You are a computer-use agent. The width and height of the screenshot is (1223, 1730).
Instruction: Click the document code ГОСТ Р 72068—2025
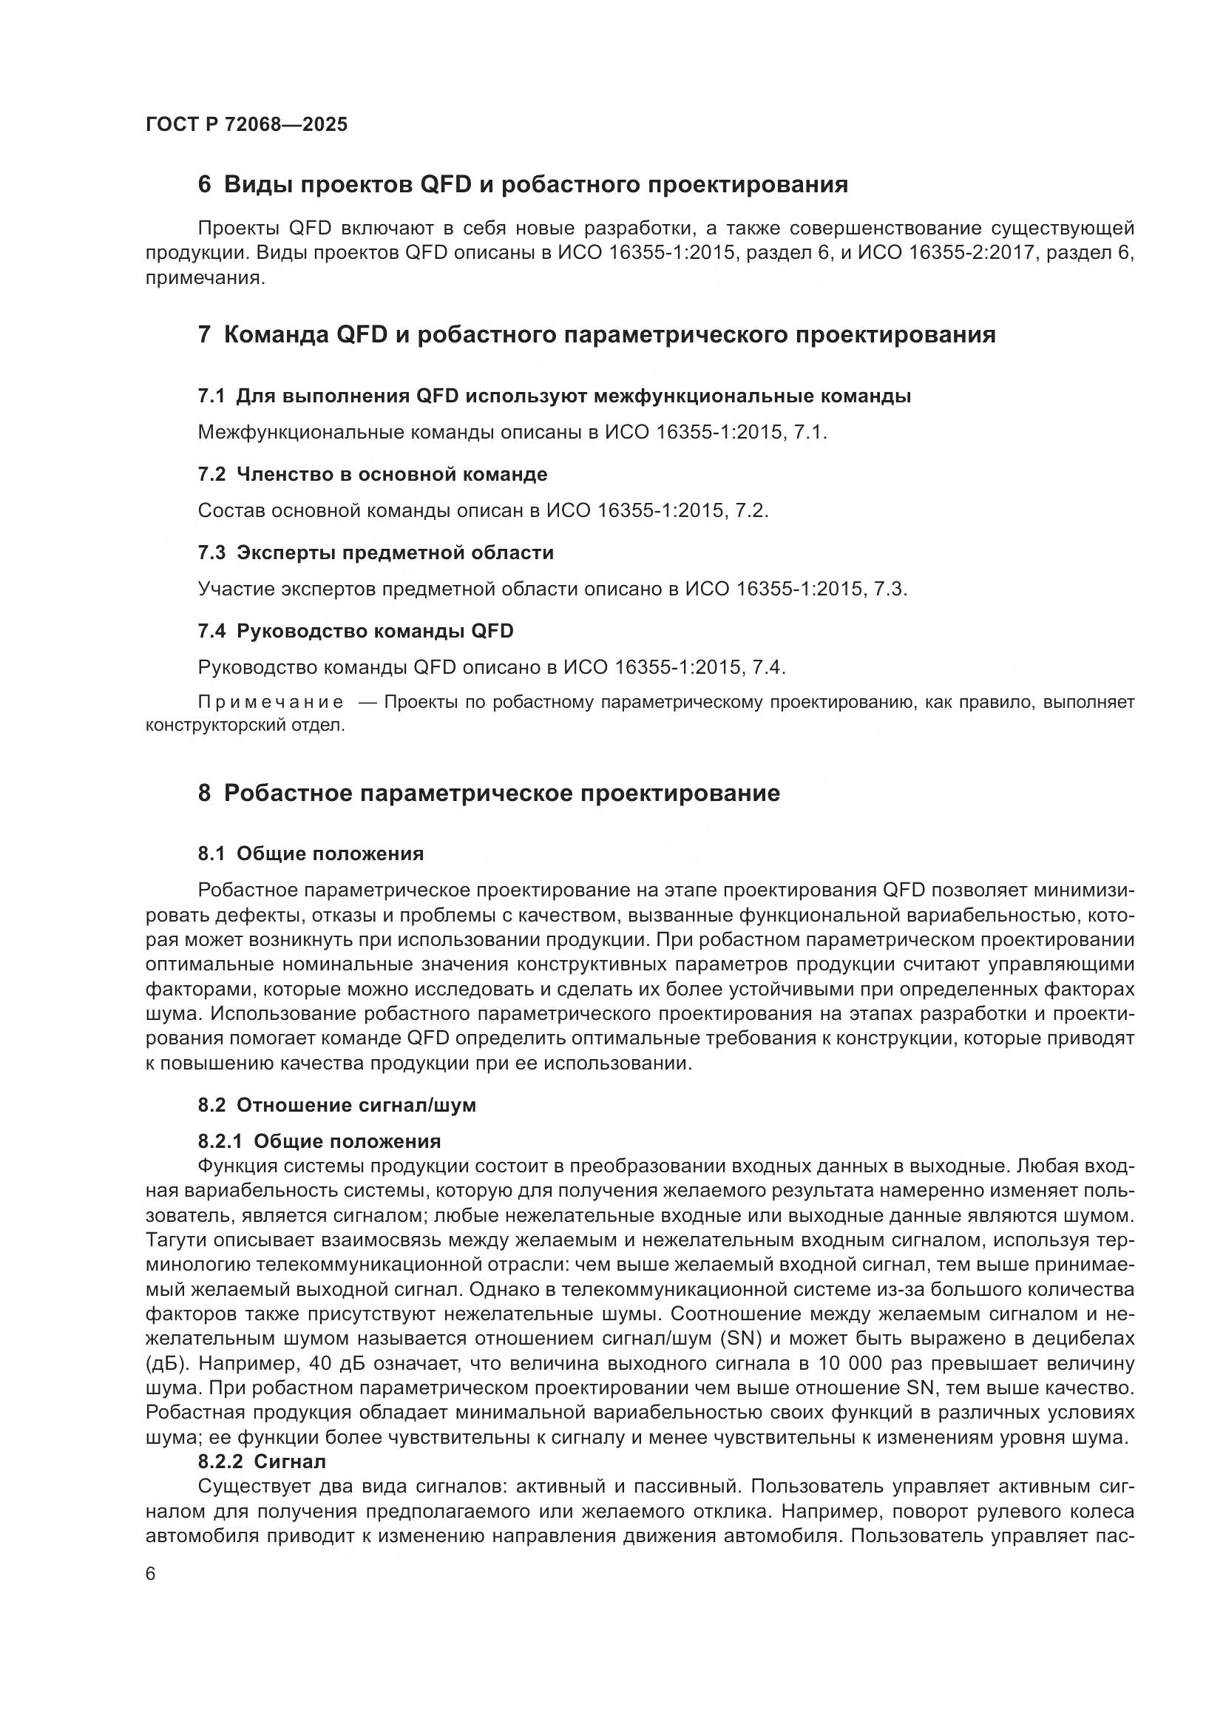(246, 124)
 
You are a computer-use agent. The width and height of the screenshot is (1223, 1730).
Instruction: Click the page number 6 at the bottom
(151, 1574)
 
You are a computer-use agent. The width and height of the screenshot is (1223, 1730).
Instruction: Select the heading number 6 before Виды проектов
(204, 185)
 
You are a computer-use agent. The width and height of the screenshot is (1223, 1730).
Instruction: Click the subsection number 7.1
(211, 396)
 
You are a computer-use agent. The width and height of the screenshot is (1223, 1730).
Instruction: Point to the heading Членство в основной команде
(392, 474)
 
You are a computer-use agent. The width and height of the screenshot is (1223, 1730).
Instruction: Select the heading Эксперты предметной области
(395, 553)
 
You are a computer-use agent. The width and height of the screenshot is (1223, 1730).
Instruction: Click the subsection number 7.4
(211, 631)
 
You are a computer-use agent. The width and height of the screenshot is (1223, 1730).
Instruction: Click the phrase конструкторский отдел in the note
(244, 726)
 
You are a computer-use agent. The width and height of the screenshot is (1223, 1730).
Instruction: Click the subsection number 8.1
(211, 854)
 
